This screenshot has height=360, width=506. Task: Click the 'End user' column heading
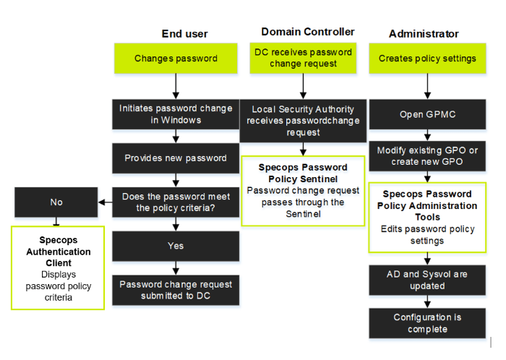(184, 33)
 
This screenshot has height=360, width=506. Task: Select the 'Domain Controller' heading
(307, 32)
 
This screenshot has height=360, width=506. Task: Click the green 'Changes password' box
(176, 59)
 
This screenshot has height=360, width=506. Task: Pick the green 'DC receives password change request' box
(304, 58)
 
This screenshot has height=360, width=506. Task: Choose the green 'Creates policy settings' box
(427, 59)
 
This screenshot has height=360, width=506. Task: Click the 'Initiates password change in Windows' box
(176, 113)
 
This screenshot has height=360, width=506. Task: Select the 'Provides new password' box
(176, 158)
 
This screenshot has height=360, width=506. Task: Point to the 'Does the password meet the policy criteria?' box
(176, 202)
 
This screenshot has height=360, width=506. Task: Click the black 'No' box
(56, 202)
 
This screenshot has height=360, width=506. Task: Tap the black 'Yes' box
(176, 246)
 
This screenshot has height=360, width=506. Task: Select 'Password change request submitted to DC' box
(176, 290)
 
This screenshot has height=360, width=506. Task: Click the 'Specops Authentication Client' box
(58, 267)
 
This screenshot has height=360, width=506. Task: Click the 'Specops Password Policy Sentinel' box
(303, 190)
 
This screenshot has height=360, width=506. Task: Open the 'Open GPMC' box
(427, 114)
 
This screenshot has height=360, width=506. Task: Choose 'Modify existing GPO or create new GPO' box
(427, 155)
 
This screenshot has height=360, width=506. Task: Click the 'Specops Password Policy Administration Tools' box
(427, 217)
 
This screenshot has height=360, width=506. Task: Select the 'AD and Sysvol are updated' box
(427, 280)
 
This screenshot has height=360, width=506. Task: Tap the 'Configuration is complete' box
(427, 323)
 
